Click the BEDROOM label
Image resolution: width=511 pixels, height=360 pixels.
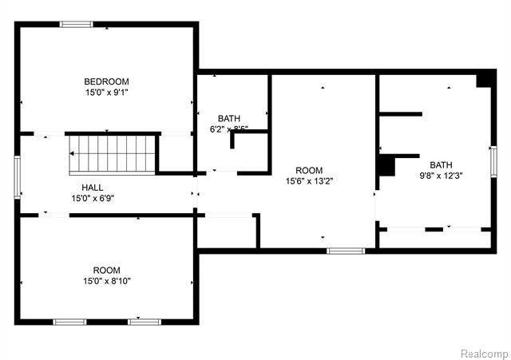coord(107,81)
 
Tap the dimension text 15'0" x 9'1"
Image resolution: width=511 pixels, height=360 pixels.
coord(107,93)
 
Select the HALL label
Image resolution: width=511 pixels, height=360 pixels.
coord(81,188)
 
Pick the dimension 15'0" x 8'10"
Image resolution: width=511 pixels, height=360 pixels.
coord(108,281)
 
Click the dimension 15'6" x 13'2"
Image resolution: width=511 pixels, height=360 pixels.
coord(309,181)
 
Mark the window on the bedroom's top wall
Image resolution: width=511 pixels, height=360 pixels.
coord(77,24)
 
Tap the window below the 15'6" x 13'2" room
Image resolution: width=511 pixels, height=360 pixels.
coord(346,251)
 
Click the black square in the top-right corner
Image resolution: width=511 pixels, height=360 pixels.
coord(484,80)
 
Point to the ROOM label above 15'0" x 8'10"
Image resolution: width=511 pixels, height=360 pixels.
coord(106,270)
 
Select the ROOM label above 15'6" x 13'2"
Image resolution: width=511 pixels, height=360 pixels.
coord(309,170)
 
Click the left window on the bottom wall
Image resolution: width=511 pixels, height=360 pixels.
coord(69,322)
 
